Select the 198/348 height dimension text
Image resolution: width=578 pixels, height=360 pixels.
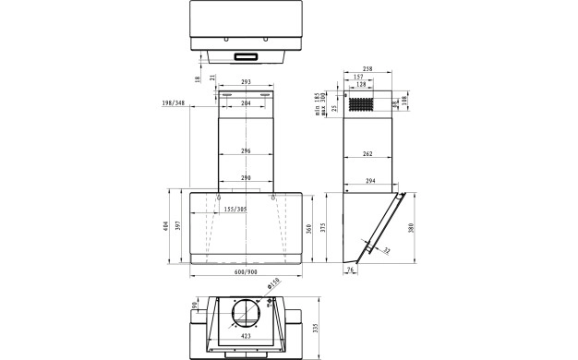coord(173,104)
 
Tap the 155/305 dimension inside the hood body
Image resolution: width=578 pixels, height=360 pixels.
coord(235,210)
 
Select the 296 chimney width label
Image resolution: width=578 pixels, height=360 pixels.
coord(246,150)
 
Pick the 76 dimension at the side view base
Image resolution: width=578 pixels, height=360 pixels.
coord(350,270)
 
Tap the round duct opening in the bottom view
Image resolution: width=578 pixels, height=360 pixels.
coord(245,315)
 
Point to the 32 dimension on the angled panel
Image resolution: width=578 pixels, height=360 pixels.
coord(386,250)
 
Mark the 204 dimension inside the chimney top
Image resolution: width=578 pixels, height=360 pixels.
coord(246,103)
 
